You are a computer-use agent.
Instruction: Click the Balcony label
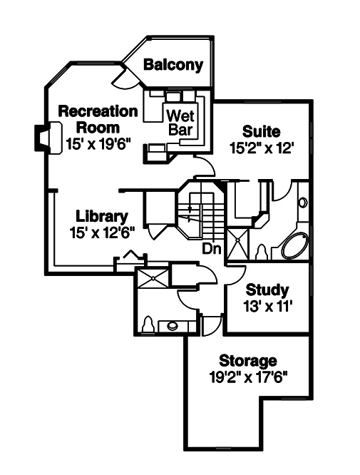pos(173,65)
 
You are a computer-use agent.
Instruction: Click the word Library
pos(101,216)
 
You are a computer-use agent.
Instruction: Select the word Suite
pos(261,132)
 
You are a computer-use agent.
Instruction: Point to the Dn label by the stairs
pos(210,249)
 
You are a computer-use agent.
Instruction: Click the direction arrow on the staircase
pos(189,218)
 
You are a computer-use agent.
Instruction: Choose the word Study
pos(267,290)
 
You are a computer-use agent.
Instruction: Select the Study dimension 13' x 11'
pos(267,306)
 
